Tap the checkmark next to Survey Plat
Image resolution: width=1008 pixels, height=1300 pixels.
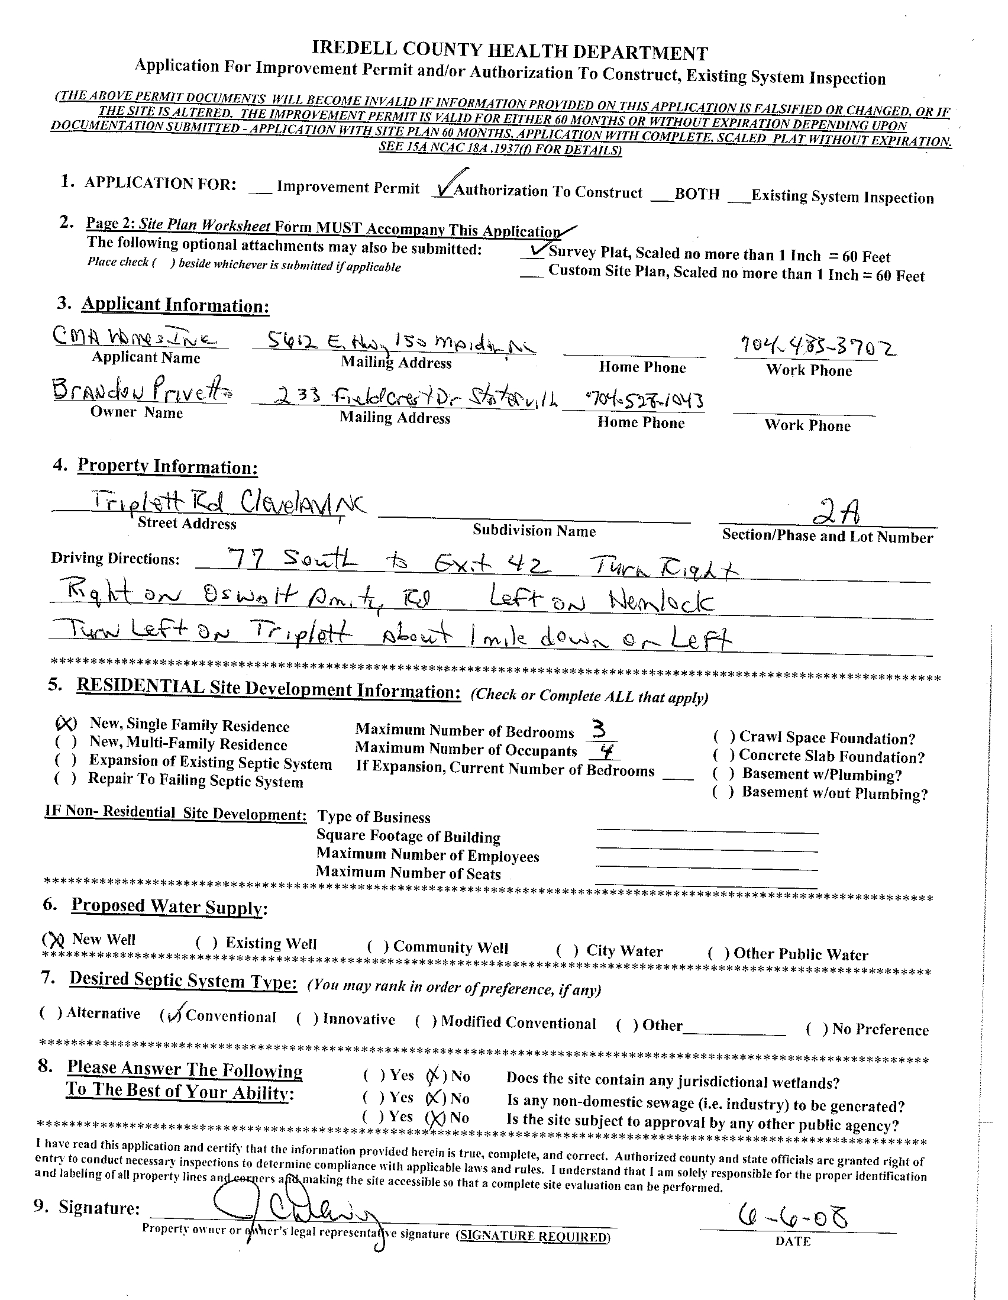pyautogui.click(x=535, y=251)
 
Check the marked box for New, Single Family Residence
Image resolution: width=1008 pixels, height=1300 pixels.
pyautogui.click(x=66, y=723)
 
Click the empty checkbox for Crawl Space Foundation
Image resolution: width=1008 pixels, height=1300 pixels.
pyautogui.click(x=724, y=736)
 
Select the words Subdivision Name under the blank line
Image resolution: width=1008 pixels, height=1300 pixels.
pyautogui.click(x=534, y=530)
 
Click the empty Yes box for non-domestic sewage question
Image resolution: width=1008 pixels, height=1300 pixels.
pyautogui.click(x=374, y=1096)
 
